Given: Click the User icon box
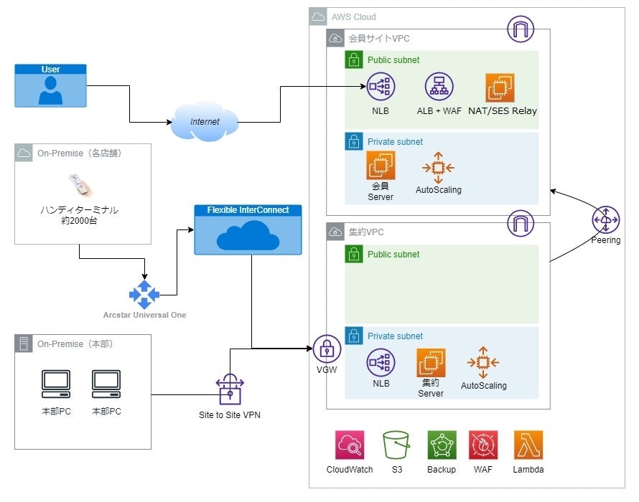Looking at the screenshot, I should click(50, 86).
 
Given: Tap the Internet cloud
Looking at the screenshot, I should click(205, 123).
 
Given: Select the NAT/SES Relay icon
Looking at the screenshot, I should click(500, 88).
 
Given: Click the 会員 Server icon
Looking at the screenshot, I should click(381, 166).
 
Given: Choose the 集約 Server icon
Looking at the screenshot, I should click(431, 363).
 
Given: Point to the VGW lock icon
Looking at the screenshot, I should click(327, 349).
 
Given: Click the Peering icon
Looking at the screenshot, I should click(606, 219).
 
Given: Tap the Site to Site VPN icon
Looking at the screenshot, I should click(230, 392).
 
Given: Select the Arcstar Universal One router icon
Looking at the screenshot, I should click(144, 295).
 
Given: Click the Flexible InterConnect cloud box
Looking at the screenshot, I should click(248, 230).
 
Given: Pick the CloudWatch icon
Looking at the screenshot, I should click(350, 445).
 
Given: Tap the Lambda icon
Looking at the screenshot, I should click(528, 445).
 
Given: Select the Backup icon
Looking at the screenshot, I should click(442, 445).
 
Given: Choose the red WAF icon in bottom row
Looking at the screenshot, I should click(483, 445).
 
